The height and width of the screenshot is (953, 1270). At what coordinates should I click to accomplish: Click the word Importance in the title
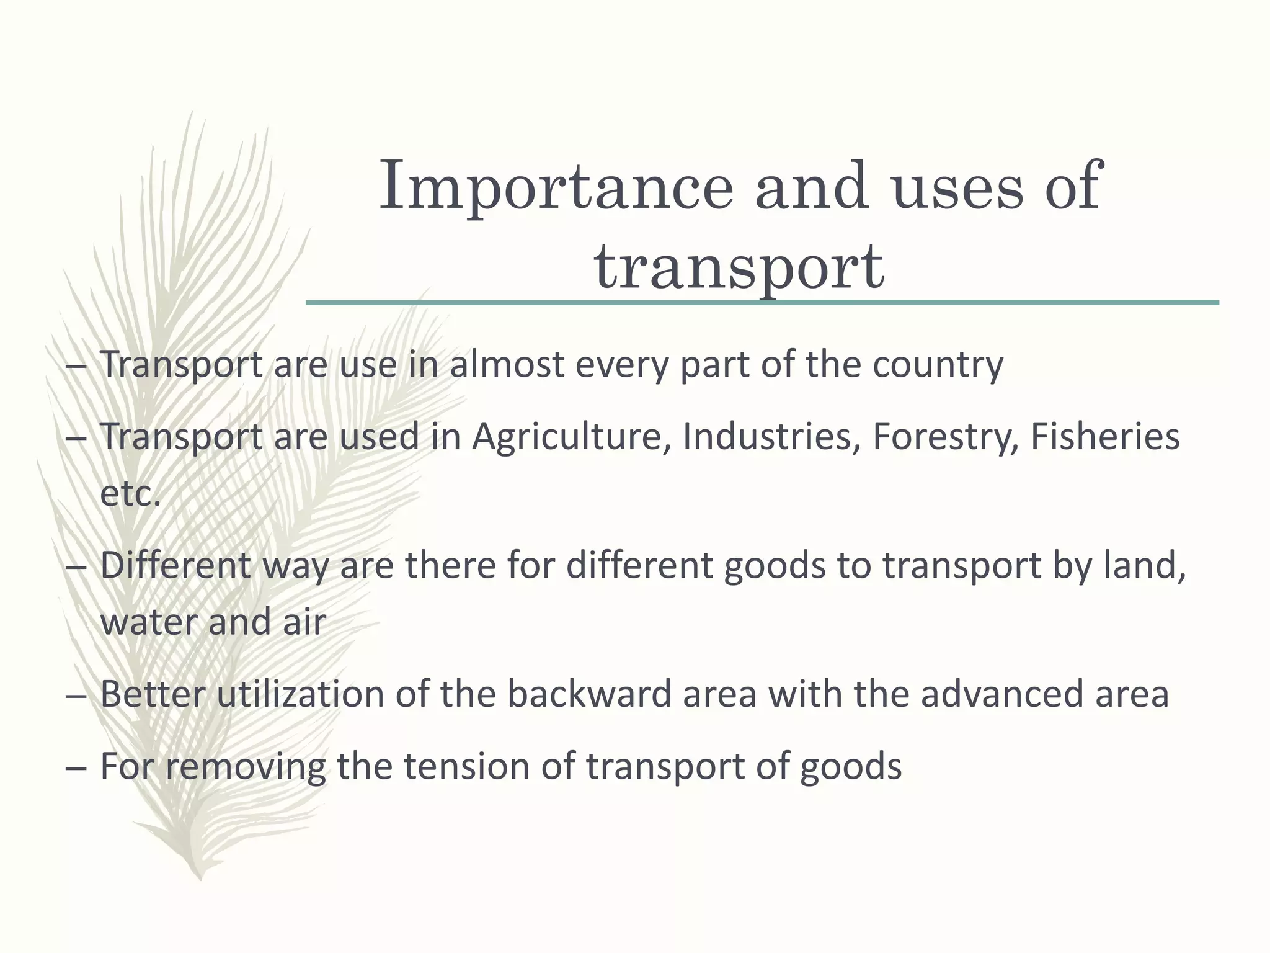click(x=556, y=187)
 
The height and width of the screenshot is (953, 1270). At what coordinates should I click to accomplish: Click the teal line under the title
click(x=762, y=303)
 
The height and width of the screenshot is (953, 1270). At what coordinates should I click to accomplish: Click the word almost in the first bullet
click(x=507, y=364)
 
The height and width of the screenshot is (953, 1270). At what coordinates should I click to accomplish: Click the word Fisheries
click(x=1104, y=436)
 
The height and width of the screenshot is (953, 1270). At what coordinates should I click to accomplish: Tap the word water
click(x=148, y=622)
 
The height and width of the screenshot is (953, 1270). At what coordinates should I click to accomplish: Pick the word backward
click(x=589, y=694)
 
